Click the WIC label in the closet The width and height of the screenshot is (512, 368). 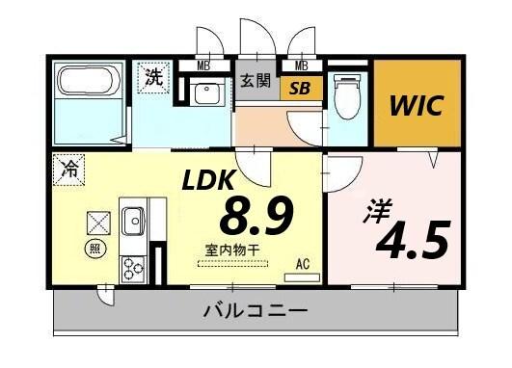point(417,105)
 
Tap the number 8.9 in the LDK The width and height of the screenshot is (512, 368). point(256,216)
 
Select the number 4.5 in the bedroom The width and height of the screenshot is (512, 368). point(414,240)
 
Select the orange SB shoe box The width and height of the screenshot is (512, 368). point(301,89)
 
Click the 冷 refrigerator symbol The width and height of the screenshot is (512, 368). point(67,166)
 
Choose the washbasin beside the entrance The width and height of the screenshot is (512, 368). point(205,93)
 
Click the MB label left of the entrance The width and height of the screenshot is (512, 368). point(203,66)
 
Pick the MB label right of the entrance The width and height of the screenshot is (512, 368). point(301,66)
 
